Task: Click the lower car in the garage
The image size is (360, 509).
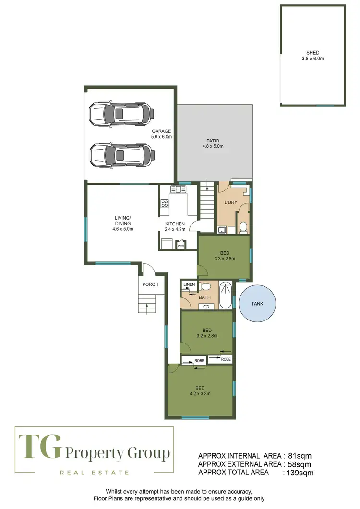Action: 121,155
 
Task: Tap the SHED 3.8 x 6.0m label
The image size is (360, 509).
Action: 312,56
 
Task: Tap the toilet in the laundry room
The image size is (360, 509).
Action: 243,227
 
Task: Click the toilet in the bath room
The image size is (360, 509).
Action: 205,287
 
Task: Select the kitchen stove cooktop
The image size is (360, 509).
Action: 164,203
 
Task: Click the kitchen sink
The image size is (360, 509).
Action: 180,189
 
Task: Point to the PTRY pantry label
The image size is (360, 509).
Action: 181,246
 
